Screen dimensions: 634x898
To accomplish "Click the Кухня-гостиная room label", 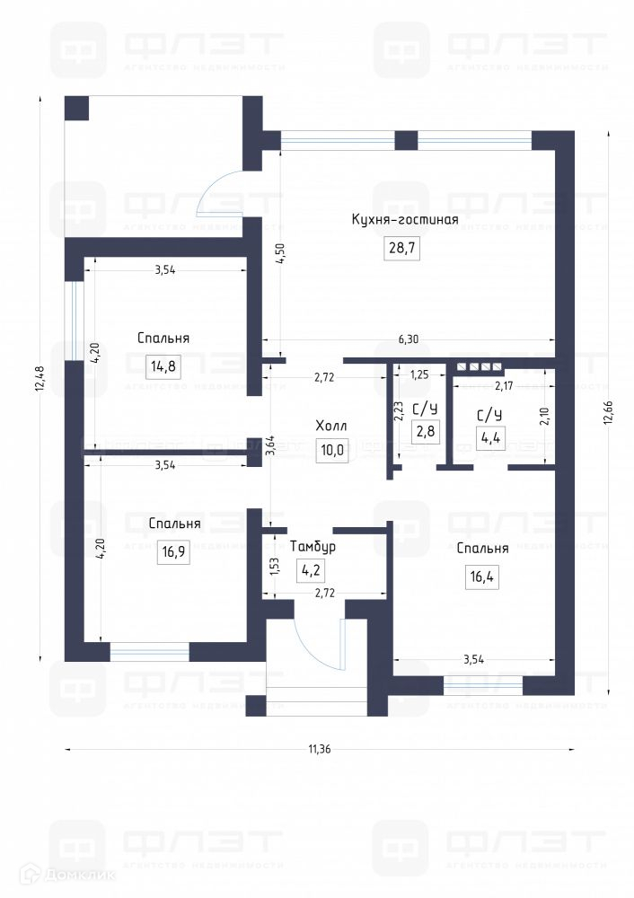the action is [405, 220].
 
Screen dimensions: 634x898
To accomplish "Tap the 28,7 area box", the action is [402, 248].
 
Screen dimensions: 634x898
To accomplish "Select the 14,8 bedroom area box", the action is [163, 365].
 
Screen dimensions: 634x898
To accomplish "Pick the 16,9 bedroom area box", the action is [173, 552].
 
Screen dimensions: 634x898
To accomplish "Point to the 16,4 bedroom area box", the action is [482, 577].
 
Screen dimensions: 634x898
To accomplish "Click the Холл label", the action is [331, 426].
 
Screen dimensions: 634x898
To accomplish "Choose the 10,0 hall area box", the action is [332, 450].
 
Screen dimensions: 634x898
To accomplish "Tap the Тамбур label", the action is [313, 546].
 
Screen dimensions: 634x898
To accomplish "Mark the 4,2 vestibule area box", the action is [311, 570].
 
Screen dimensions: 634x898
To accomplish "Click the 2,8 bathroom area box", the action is [426, 431].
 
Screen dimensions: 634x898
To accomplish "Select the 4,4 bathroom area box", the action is [491, 437].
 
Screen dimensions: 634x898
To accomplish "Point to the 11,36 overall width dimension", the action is [320, 749].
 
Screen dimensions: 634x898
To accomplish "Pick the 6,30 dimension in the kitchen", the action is [409, 339].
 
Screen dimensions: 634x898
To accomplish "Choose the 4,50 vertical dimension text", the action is [280, 253].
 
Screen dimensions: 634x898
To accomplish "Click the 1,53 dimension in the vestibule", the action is [274, 567].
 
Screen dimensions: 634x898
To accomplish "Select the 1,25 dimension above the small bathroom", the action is [419, 375].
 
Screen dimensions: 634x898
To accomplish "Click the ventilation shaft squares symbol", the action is [479, 366].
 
